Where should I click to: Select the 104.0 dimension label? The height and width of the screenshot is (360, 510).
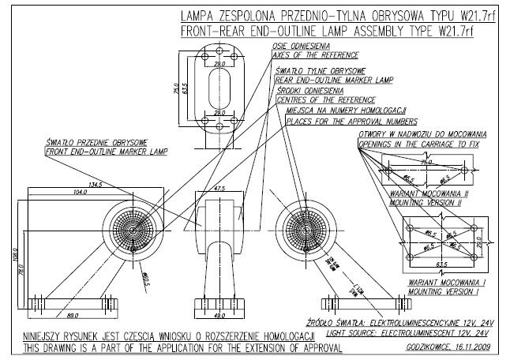coord(78,193)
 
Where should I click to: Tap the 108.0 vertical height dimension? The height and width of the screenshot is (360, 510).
coord(14,254)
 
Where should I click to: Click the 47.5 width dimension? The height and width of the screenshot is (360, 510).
coord(219,189)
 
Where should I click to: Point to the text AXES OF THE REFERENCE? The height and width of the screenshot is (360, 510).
coord(316,55)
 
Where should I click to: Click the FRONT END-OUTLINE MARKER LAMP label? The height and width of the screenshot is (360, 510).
coord(107,151)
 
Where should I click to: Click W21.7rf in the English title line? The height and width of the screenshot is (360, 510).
coord(467,32)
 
